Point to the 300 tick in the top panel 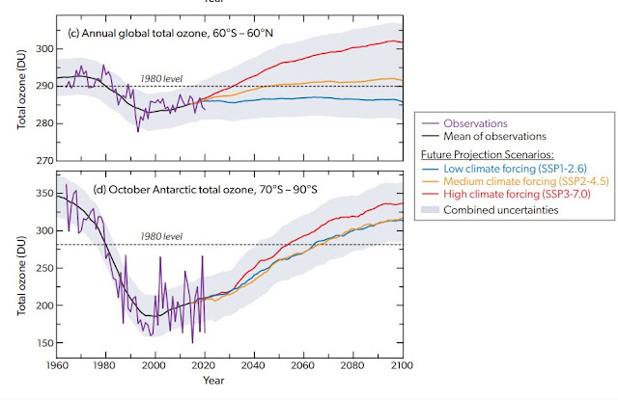[42, 48]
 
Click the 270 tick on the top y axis [42, 160]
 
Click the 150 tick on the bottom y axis [42, 342]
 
